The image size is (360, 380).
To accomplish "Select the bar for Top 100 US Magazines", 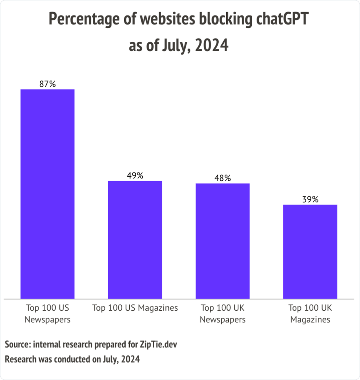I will point(135,239).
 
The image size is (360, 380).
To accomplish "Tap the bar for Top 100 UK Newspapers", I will point(222,240).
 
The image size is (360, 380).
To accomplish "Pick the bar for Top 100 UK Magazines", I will point(310,251).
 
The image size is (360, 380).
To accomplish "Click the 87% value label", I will point(47,84).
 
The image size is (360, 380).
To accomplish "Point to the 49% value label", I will point(135,176).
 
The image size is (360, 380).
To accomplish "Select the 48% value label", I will point(222,178).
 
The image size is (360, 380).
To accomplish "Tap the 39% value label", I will point(310,199).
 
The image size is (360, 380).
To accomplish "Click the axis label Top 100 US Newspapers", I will point(47,314).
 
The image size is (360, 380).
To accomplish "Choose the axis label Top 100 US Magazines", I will point(135,308).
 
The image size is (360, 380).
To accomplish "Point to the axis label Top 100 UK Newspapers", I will point(222,314).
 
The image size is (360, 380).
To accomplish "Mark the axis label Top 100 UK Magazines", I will point(310,314).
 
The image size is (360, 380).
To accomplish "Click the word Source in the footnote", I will point(17,344).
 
